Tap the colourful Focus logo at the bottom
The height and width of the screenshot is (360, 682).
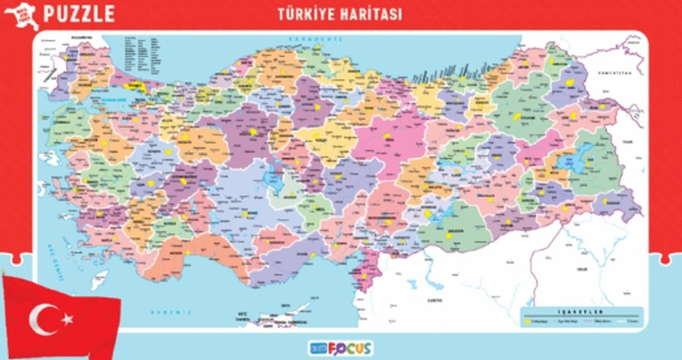point(341,347)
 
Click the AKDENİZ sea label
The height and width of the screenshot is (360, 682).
point(170,312)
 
